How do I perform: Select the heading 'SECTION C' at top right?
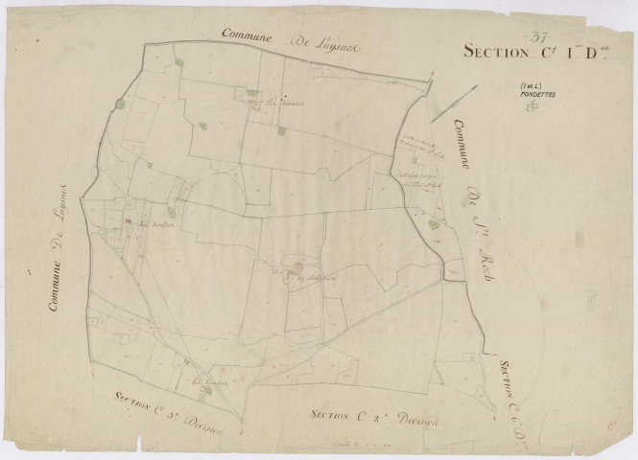(499, 53)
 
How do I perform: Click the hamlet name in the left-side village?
(154, 228)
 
